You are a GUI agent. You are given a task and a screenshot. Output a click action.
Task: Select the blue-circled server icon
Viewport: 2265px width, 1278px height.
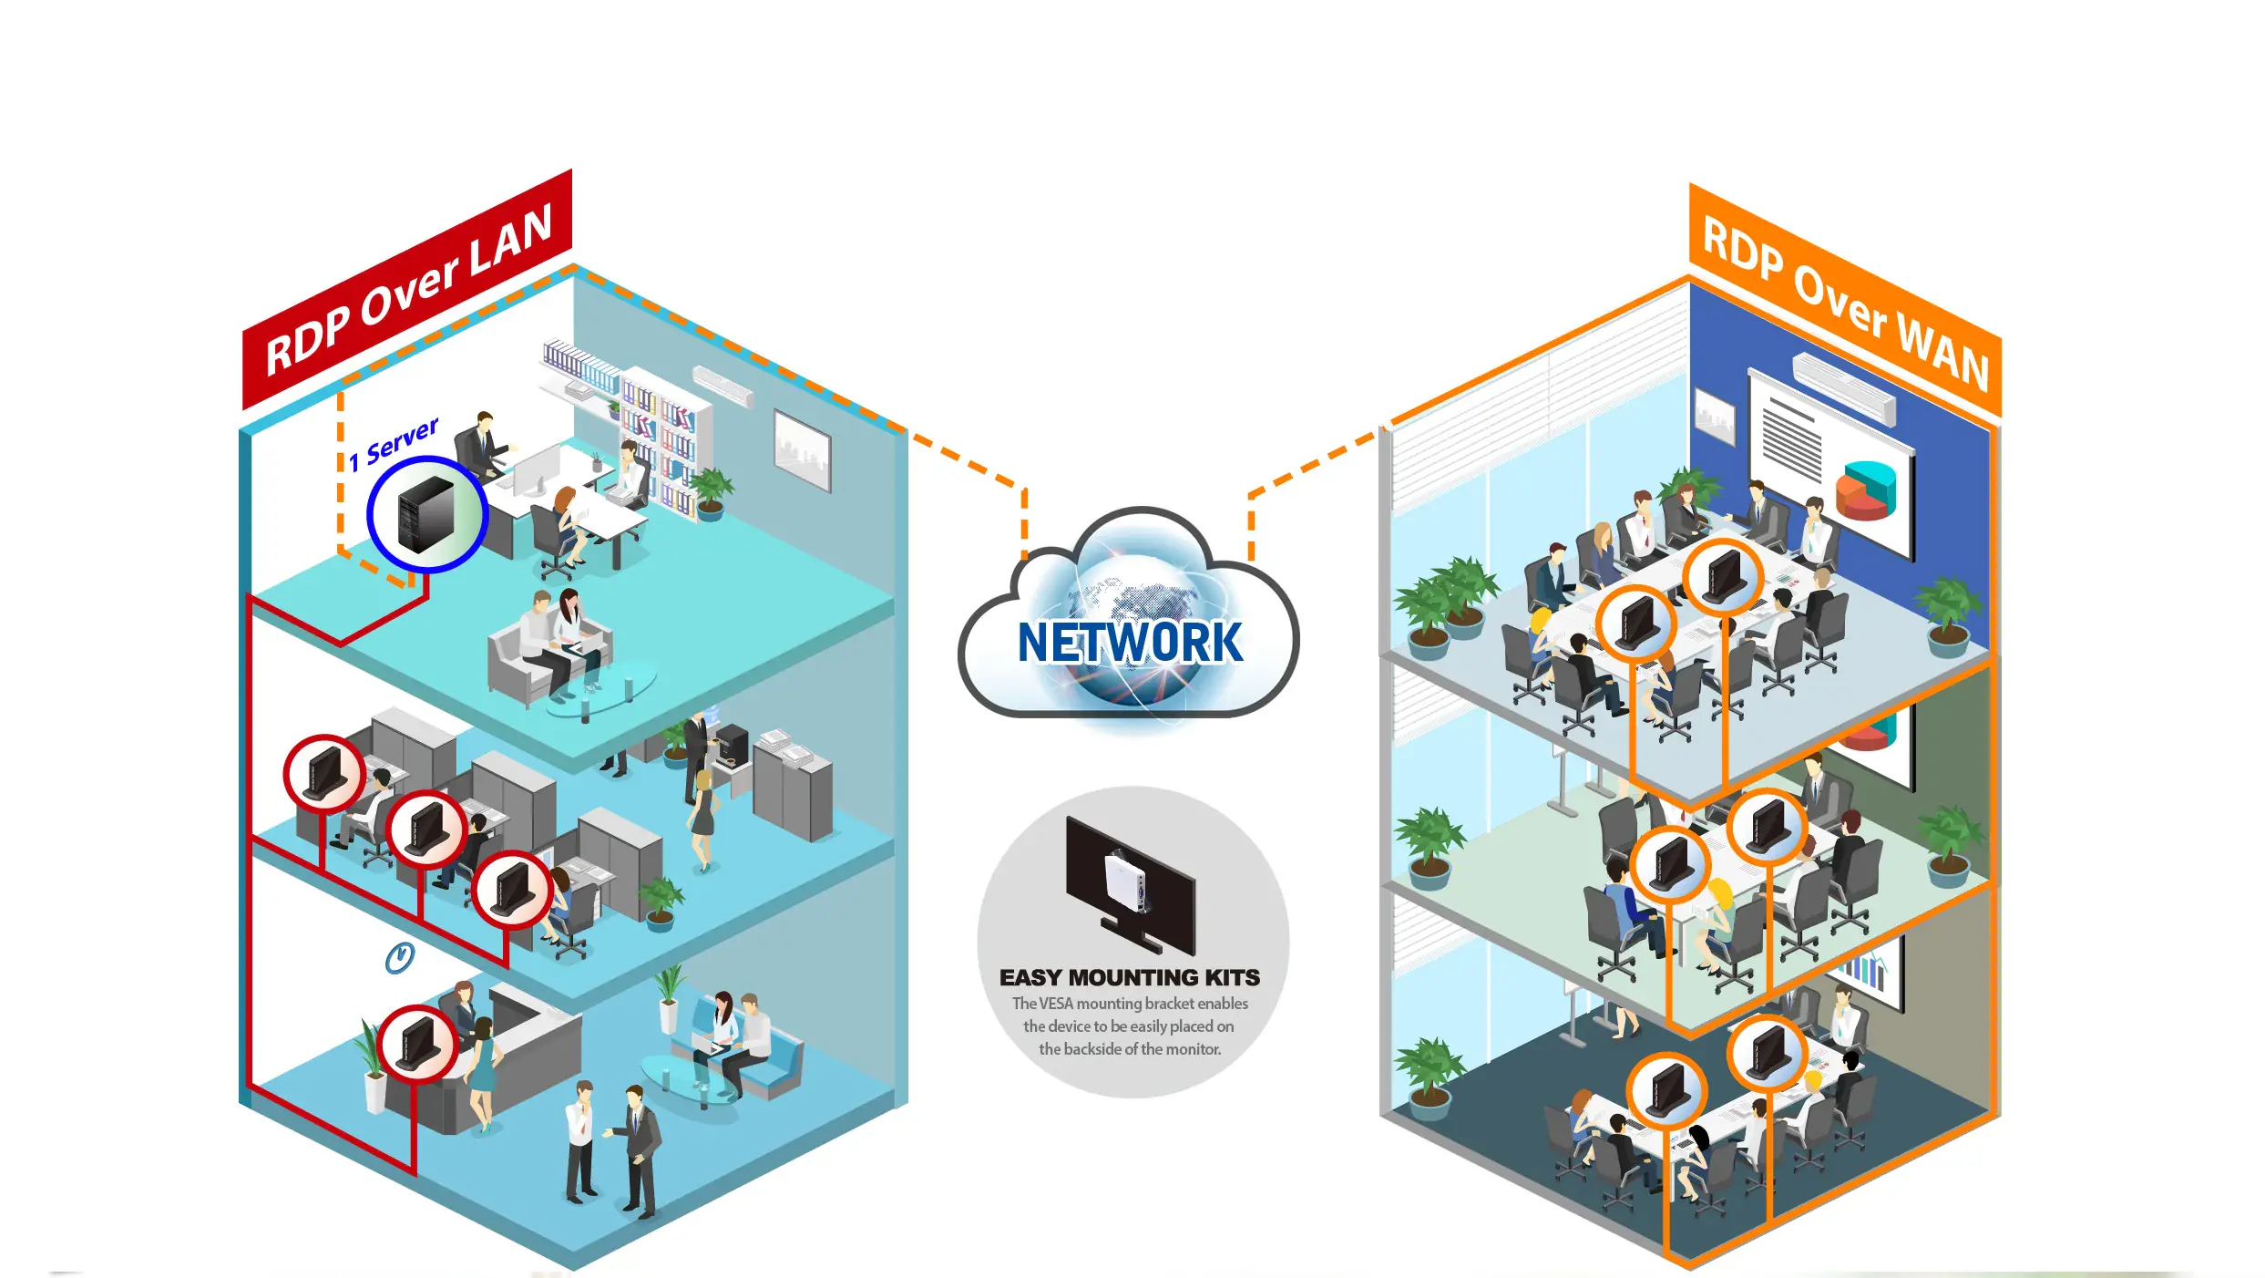426,514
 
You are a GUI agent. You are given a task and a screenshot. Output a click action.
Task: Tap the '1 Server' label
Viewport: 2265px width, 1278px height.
394,443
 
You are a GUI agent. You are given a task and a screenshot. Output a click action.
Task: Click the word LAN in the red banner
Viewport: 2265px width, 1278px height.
510,238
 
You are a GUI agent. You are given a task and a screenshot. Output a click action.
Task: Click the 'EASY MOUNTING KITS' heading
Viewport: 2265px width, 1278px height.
1129,977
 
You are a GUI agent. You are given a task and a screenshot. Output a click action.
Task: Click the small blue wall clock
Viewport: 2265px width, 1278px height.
399,958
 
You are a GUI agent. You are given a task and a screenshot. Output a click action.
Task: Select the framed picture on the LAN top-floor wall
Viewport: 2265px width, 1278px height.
802,449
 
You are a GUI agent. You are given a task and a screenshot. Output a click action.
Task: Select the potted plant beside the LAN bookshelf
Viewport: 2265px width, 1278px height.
711,492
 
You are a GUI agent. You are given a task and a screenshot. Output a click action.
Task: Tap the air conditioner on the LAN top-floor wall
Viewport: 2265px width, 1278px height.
722,385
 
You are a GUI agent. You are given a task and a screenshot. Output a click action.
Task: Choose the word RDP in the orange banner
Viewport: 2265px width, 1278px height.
1741,249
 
